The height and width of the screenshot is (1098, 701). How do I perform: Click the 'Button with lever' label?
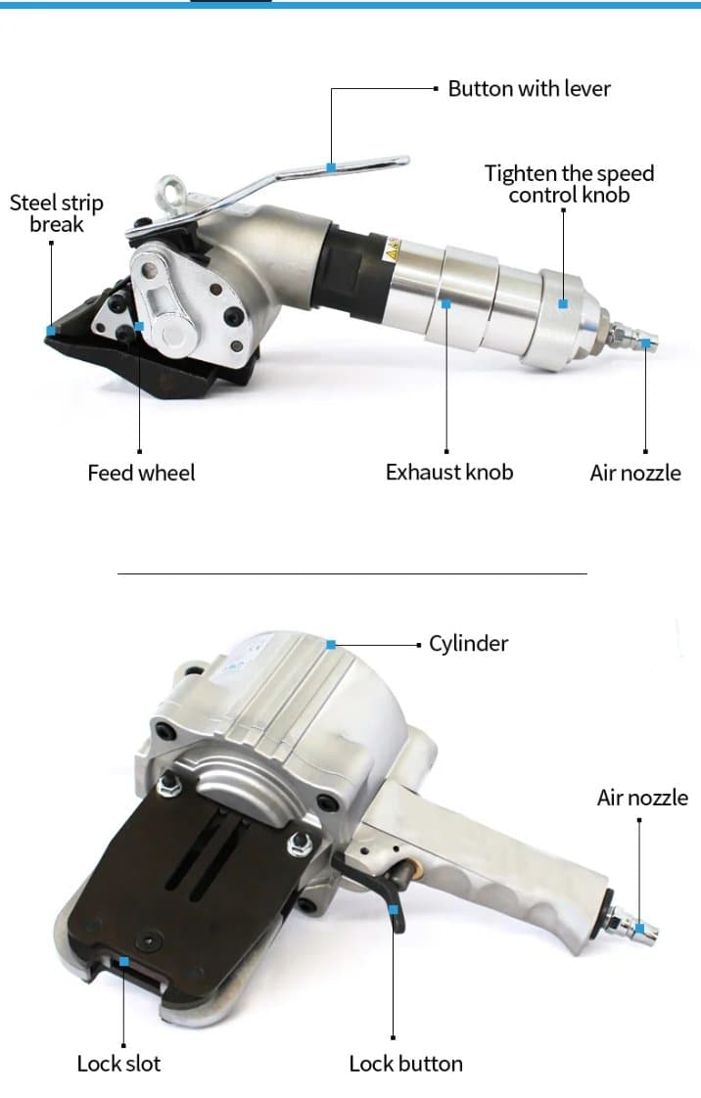tap(529, 89)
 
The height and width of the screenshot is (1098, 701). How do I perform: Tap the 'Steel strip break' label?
tap(56, 213)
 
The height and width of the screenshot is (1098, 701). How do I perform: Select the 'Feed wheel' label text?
tap(141, 473)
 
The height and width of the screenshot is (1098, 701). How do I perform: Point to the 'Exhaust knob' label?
tap(448, 472)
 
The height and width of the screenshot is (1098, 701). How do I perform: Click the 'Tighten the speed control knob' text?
tap(569, 184)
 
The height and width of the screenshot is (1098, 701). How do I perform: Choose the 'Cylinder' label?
tap(468, 644)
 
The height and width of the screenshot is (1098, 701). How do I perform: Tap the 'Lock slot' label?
tap(118, 1063)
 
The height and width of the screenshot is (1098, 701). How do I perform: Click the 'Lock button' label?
tap(405, 1063)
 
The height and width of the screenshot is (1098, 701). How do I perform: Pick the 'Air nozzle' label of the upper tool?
tap(634, 473)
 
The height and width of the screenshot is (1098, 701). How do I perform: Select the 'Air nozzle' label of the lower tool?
tap(642, 798)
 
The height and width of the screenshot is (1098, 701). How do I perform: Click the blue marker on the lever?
tap(331, 167)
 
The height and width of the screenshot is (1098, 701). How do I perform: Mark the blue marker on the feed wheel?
tap(140, 326)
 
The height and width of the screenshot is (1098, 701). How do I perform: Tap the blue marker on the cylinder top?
tap(331, 644)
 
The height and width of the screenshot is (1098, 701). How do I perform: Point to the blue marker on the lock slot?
tap(124, 961)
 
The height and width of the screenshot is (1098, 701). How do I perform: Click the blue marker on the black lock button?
tap(394, 909)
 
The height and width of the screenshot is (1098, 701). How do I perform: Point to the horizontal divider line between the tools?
tap(351, 573)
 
